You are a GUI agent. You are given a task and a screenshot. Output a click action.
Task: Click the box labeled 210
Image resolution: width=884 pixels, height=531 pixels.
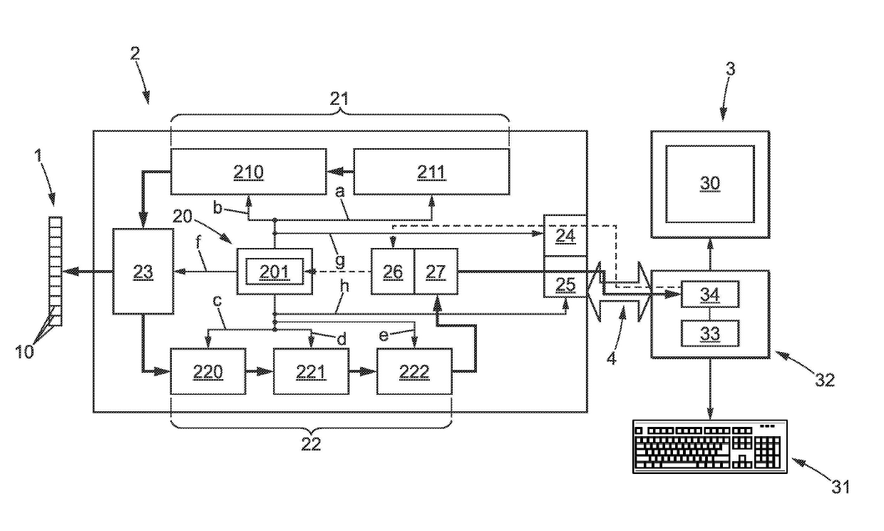pos(249,172)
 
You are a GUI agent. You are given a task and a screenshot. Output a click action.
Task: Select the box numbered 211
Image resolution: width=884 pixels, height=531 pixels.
pos(431,172)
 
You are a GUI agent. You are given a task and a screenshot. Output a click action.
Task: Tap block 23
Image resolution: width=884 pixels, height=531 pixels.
pos(143,272)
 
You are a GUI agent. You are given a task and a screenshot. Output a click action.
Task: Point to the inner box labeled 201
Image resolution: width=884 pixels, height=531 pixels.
pos(274,272)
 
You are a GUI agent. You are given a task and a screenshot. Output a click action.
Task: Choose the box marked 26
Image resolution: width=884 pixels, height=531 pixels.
pos(393,272)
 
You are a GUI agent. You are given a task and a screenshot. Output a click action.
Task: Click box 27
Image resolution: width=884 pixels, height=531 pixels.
pos(436,272)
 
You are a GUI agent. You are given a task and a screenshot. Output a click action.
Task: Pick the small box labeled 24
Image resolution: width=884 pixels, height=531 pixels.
pos(565,236)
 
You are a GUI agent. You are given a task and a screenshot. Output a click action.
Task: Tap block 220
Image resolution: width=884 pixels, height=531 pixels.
pos(208,371)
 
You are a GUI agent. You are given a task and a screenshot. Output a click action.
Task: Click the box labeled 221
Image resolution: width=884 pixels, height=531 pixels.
pos(311,371)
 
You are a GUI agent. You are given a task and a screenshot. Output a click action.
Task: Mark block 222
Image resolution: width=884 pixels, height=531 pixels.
pos(414,371)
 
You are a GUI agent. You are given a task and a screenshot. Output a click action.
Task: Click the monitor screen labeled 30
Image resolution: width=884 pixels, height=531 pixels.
pos(710,184)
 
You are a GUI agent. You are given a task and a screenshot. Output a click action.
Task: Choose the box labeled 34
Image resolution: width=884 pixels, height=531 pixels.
pos(710,294)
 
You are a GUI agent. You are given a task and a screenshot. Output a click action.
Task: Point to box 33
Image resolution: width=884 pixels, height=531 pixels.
pos(710,334)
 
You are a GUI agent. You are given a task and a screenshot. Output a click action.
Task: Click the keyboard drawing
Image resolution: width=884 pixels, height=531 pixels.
pos(710,446)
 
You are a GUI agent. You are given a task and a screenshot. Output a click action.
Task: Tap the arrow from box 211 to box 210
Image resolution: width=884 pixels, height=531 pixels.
pos(340,172)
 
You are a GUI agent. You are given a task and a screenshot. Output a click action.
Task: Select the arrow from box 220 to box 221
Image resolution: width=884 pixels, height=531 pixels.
pos(259,371)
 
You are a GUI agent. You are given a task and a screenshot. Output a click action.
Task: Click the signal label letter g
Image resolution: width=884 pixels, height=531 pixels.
pos(340,261)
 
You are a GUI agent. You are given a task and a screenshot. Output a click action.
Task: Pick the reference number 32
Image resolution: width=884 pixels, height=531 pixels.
pos(825,380)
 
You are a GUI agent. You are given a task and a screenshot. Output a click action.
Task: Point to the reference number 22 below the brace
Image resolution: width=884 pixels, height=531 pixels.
pos(311,444)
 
